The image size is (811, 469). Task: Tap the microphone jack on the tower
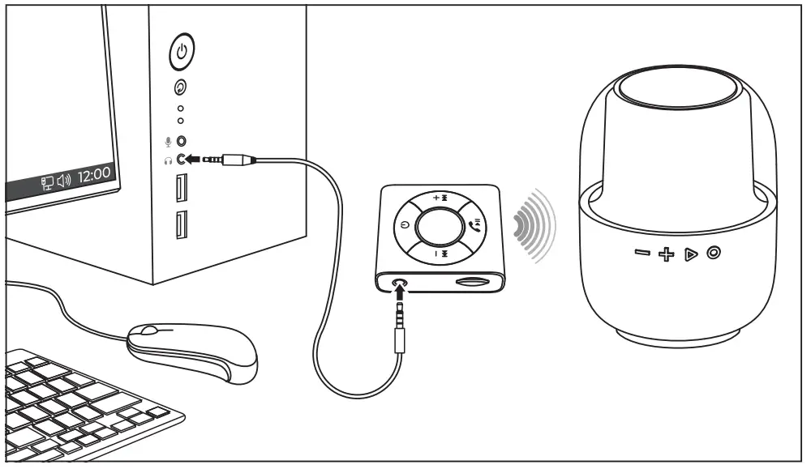[x=182, y=141]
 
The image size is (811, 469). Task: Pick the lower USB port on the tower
[x=180, y=224]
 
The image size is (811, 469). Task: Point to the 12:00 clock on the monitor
[x=96, y=173]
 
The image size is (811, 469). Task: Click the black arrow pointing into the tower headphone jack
[x=195, y=160]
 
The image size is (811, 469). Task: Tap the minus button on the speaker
[x=642, y=254]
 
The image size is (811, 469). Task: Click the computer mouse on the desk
[x=192, y=348]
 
